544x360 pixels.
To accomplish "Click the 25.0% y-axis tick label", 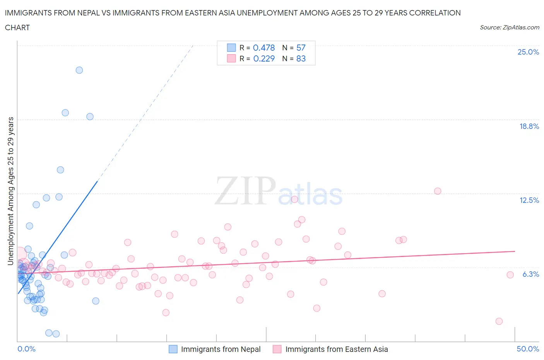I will [x=528, y=52].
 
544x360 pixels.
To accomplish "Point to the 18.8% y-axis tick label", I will [x=529, y=126].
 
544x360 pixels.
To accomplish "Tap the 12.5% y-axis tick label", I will [x=529, y=200].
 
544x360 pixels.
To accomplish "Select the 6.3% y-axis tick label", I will [x=530, y=274].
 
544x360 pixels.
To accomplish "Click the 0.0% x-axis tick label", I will [x=26, y=349].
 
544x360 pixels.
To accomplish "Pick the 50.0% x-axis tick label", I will [x=528, y=349].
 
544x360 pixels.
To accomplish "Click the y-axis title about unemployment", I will [x=11, y=191].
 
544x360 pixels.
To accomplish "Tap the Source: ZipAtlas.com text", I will [x=509, y=27].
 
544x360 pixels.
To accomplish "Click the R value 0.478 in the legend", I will [x=263, y=48].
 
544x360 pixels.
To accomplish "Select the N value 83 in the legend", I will [x=301, y=58].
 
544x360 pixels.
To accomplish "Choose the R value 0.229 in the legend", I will [x=263, y=58].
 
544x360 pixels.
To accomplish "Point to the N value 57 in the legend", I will [x=301, y=48].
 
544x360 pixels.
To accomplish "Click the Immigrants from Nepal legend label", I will [x=221, y=349].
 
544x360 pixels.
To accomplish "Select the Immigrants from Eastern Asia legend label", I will [x=336, y=349].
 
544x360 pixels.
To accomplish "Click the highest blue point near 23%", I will [x=79, y=70].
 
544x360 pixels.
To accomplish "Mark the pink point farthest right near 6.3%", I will [x=510, y=275].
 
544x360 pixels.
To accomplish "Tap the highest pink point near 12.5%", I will [x=438, y=191].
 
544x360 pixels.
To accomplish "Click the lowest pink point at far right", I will [x=499, y=321].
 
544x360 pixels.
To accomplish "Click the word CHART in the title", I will [x=17, y=27].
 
